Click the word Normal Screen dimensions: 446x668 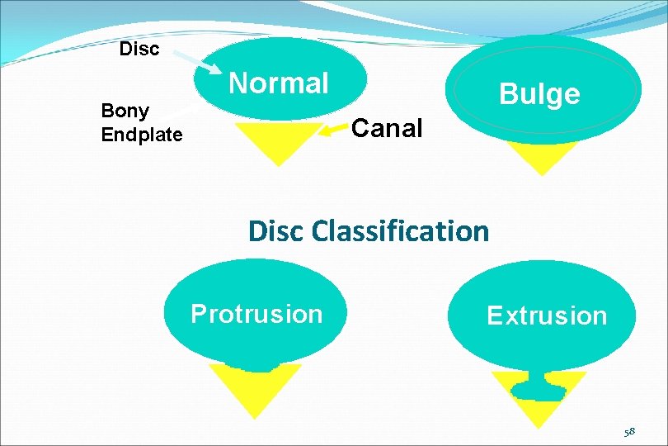279,83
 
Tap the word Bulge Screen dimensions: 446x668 540,93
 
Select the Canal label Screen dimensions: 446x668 387,128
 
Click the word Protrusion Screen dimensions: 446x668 256,314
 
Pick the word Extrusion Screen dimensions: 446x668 547,316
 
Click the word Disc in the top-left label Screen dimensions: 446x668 139,49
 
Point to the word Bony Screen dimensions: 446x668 125,111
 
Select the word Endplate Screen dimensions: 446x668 142,135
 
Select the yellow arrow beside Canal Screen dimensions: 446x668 333,129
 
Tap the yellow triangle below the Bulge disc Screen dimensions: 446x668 540,157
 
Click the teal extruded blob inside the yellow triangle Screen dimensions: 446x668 539,387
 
